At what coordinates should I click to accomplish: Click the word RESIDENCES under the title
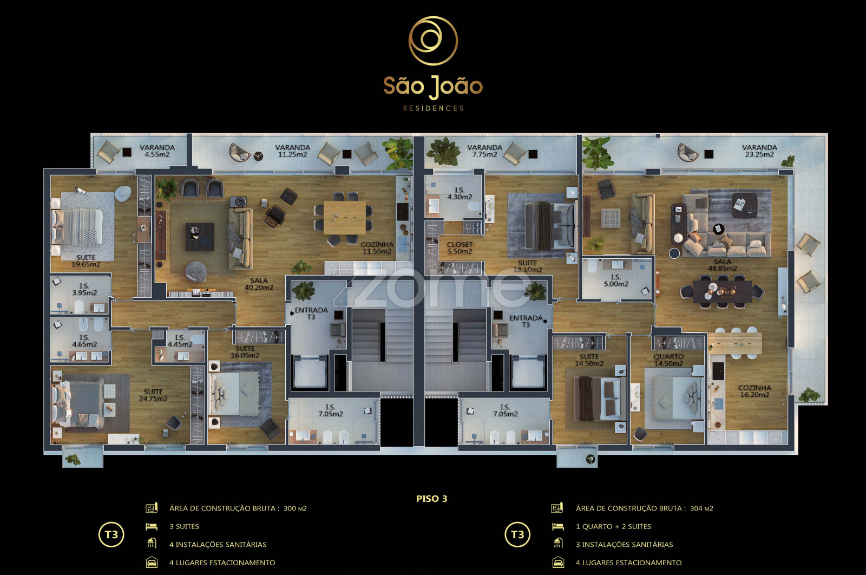tap(433, 108)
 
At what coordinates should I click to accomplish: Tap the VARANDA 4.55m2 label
tap(158, 151)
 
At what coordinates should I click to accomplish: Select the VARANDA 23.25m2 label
tap(759, 151)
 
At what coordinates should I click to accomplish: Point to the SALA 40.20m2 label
tap(259, 284)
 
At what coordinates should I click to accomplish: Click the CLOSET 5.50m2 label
tap(460, 248)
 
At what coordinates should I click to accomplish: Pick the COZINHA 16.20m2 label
tap(755, 391)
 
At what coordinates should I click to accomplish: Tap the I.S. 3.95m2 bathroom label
tap(84, 289)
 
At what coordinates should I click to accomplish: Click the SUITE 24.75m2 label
tap(153, 395)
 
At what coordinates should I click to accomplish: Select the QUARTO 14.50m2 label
tap(668, 360)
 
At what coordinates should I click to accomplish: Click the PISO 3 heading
tap(431, 499)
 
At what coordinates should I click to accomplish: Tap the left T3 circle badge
tap(111, 535)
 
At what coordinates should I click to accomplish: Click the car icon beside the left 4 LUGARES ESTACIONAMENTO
tap(152, 562)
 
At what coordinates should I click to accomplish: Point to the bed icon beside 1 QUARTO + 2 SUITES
tap(557, 526)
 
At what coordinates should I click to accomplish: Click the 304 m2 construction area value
tap(701, 508)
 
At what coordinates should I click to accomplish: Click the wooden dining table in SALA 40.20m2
tap(344, 218)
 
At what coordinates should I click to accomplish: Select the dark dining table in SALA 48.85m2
tap(722, 291)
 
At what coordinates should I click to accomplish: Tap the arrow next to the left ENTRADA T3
tap(292, 313)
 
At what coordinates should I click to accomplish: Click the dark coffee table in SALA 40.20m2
tap(200, 237)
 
